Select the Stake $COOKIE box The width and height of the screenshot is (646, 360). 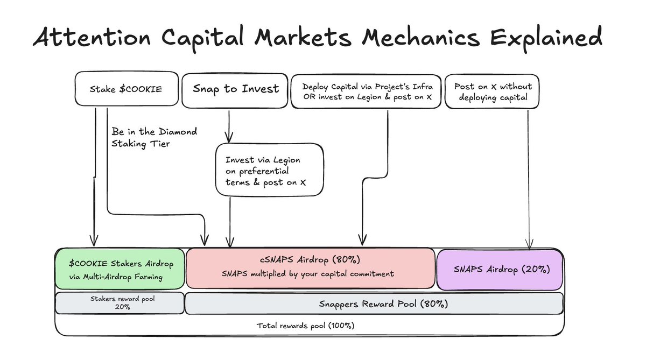click(126, 88)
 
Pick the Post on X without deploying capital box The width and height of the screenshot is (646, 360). click(493, 91)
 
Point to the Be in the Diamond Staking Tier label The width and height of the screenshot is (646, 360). click(154, 137)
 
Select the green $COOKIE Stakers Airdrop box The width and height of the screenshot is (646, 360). click(120, 269)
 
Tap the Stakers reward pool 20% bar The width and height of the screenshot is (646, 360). click(120, 303)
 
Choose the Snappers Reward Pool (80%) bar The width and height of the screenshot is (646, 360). click(374, 303)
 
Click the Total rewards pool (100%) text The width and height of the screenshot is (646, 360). click(305, 325)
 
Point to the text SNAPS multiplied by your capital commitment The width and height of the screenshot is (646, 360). click(308, 274)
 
